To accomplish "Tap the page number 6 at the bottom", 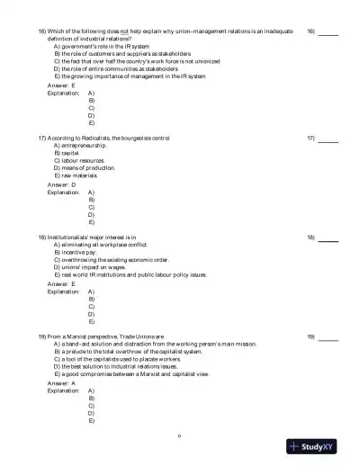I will [x=180, y=436].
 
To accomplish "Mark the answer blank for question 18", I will [x=328, y=237].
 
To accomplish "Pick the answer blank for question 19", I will [x=328, y=336].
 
